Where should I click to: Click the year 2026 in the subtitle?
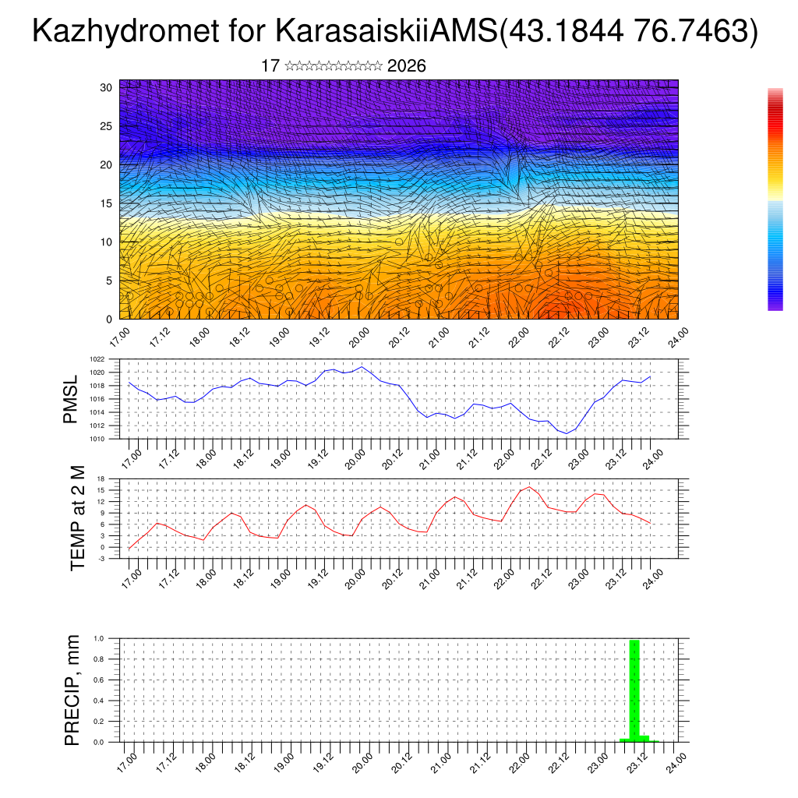tap(406, 66)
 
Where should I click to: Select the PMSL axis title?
tap(71, 400)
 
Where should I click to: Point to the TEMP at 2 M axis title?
tap(78, 519)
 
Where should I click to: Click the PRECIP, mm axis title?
tap(73, 690)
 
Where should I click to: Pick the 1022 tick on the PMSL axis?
tap(97, 360)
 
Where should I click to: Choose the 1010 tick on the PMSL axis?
tap(97, 439)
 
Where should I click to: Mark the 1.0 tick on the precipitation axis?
tap(99, 638)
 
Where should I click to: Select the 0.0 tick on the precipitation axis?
tap(99, 743)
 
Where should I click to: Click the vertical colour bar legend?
tap(775, 199)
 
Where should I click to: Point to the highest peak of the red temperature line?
tap(530, 487)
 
